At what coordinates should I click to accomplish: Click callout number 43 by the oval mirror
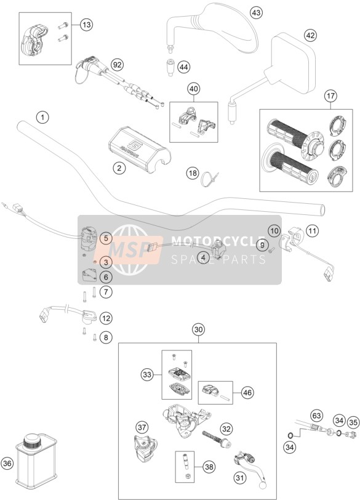(x=256, y=13)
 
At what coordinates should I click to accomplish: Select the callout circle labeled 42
(x=310, y=35)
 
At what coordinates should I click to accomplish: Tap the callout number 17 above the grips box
(x=330, y=95)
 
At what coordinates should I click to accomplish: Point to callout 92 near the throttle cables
(x=118, y=65)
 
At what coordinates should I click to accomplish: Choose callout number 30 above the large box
(x=198, y=329)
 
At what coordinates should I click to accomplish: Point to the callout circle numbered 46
(x=247, y=392)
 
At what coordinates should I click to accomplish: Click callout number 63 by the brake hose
(x=316, y=416)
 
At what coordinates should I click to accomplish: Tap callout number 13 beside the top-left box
(x=86, y=25)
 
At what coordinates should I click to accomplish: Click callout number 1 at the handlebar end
(x=42, y=117)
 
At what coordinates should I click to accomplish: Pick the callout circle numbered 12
(x=106, y=318)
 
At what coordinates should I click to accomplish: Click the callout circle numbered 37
(x=142, y=427)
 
